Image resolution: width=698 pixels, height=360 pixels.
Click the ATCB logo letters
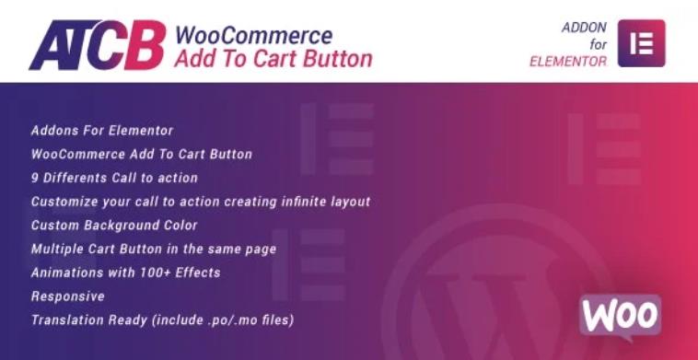click(98, 45)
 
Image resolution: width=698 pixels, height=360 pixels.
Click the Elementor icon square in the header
click(641, 43)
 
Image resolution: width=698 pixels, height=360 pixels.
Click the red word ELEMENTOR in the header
click(567, 62)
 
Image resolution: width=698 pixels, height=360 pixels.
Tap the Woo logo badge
click(620, 315)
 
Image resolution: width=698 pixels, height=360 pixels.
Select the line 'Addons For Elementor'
click(101, 131)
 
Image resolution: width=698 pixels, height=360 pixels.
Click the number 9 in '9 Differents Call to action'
click(35, 178)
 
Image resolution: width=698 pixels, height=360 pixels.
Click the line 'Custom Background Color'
click(114, 225)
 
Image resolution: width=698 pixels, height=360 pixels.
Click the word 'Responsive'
click(67, 296)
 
